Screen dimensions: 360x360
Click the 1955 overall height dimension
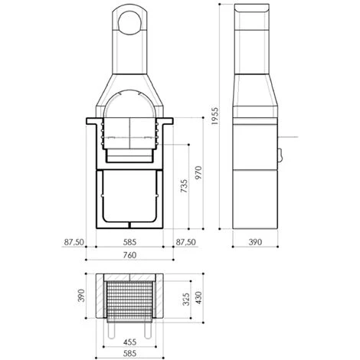point(215,116)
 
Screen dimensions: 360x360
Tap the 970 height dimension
point(198,172)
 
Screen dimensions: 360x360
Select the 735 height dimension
point(184,186)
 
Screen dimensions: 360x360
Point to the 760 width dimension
point(129,255)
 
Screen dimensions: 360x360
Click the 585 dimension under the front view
point(129,242)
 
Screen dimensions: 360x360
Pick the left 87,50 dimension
point(74,242)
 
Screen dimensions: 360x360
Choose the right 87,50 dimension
point(186,242)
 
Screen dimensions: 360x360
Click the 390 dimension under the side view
point(255,242)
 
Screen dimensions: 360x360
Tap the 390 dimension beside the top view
point(81,296)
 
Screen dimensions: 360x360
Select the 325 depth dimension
point(186,299)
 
